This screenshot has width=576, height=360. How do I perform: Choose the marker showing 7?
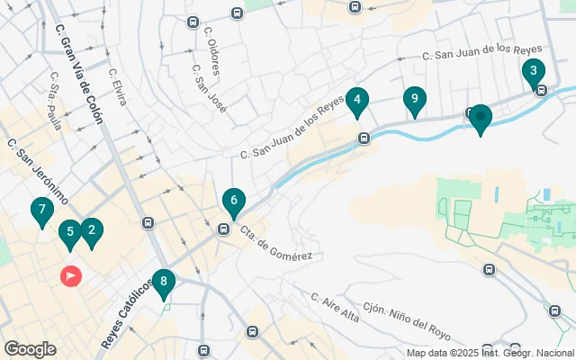tap(40, 211)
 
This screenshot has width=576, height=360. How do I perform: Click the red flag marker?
tap(70, 276)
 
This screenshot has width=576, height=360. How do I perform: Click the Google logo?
tap(30, 348)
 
